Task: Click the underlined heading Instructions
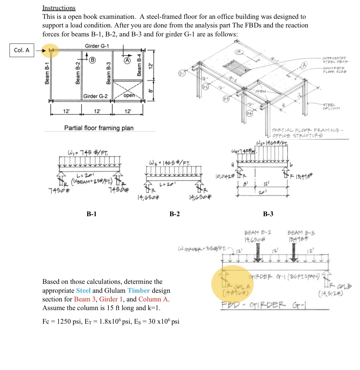[59, 8]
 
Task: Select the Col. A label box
[22, 50]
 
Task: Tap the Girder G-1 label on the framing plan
[97, 46]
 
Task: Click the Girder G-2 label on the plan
[95, 96]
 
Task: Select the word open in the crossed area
[129, 95]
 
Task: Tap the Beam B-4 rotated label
[139, 65]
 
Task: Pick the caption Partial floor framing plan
[99, 128]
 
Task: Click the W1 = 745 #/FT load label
[88, 152]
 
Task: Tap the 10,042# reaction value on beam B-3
[225, 176]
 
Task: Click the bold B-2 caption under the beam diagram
[174, 214]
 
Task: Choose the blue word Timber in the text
[138, 291]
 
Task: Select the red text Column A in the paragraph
[154, 299]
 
